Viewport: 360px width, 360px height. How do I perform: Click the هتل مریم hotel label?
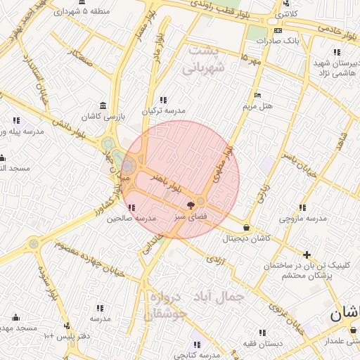[257, 106]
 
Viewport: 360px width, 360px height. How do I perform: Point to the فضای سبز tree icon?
[191, 205]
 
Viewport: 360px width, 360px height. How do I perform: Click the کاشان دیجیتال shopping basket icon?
[246, 228]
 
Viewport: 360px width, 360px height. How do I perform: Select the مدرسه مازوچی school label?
[303, 219]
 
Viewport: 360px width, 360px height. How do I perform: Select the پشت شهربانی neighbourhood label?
[203, 60]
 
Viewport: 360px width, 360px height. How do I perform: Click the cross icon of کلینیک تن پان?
[307, 255]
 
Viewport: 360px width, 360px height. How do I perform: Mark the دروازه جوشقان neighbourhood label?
[166, 305]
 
